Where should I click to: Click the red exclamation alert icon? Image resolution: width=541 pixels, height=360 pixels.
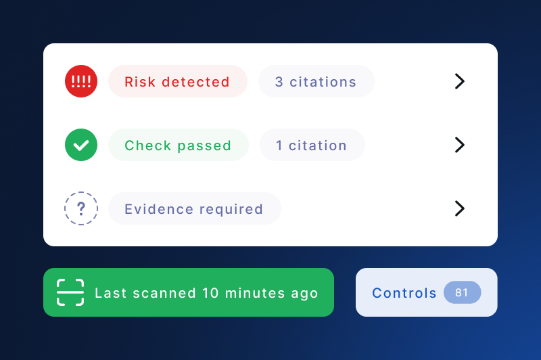pos(81,81)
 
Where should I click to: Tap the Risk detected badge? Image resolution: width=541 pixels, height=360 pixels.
pos(178,81)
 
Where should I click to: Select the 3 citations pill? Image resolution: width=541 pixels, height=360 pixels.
pos(316,81)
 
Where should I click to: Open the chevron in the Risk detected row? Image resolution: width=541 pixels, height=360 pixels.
pos(460,81)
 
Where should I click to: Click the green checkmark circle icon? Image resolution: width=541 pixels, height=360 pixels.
pos(81,145)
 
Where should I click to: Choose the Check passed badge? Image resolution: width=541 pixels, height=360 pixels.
pos(179,145)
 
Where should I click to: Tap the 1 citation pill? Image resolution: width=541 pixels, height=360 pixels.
pos(312,145)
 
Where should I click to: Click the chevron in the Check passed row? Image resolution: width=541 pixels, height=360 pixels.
pos(460,145)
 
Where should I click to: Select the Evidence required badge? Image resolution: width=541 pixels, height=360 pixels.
pos(195,208)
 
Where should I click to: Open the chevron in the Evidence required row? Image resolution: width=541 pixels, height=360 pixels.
pos(460,208)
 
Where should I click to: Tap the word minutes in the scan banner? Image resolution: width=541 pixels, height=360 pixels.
pos(255,293)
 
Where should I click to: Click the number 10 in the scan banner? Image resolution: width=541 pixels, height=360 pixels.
pos(210,293)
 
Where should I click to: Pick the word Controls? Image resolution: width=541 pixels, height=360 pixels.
pos(404,293)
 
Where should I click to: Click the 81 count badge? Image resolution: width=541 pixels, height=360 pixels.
pos(462,292)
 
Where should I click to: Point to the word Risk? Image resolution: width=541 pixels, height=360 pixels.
pos(140,82)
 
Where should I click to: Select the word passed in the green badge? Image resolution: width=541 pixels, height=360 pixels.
pos(204,146)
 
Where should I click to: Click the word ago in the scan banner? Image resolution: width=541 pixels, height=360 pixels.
pos(304,294)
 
